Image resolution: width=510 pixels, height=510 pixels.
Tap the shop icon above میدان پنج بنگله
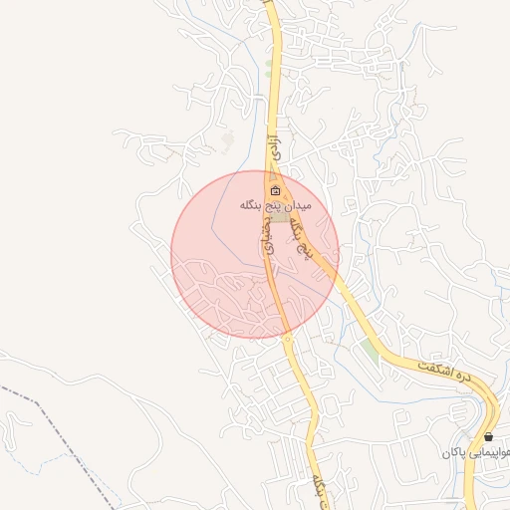275,190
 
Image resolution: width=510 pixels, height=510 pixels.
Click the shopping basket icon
488,436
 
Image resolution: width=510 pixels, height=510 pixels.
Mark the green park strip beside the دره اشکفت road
371,349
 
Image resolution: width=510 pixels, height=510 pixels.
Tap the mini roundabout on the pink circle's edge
288,338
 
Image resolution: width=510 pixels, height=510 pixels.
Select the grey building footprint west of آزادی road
229,140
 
